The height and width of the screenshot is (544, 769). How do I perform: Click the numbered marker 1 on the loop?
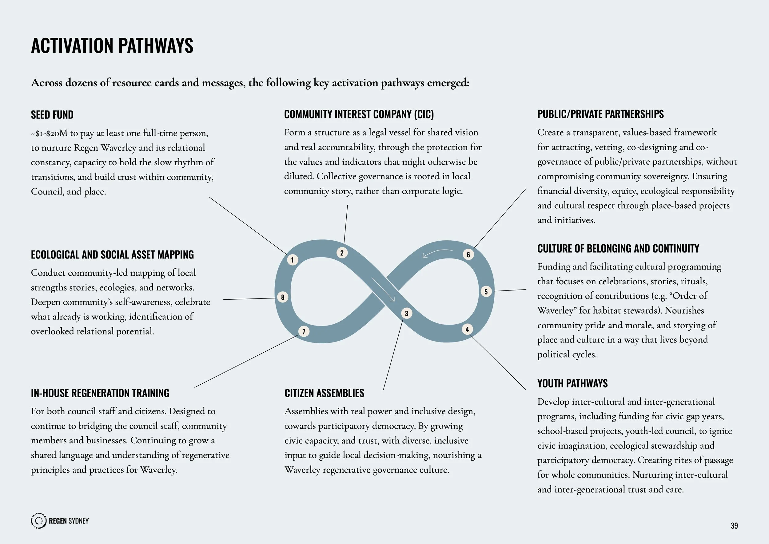pos(293,260)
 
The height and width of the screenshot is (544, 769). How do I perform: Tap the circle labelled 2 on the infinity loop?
pos(342,253)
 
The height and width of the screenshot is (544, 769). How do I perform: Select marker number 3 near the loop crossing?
pos(407,313)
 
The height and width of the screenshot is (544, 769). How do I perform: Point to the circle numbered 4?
pos(467,329)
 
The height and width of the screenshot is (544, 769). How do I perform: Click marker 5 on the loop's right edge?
pos(486,291)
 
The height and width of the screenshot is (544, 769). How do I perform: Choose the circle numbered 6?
pos(468,254)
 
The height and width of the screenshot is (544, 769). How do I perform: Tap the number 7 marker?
pos(304,332)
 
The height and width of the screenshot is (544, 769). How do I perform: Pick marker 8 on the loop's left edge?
pos(283,297)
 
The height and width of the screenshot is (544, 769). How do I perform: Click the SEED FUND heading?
pos(52,115)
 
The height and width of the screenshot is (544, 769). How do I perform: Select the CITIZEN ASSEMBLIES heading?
pos(324,393)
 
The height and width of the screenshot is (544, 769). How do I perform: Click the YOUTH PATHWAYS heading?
pos(572,383)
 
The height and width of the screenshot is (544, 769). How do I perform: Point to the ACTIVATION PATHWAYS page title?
pos(112,46)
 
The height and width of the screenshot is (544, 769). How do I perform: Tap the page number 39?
pos(734,526)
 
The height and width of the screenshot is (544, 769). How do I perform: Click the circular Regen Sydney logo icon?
pos(38,521)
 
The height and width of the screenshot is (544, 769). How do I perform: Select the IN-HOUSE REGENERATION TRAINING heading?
pos(100,393)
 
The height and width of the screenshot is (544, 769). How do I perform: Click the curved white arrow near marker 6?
pos(437,253)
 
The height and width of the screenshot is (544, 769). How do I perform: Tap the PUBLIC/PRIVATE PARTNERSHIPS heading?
pos(600,114)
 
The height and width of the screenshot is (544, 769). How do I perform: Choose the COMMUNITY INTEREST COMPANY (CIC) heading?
pos(359,114)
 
